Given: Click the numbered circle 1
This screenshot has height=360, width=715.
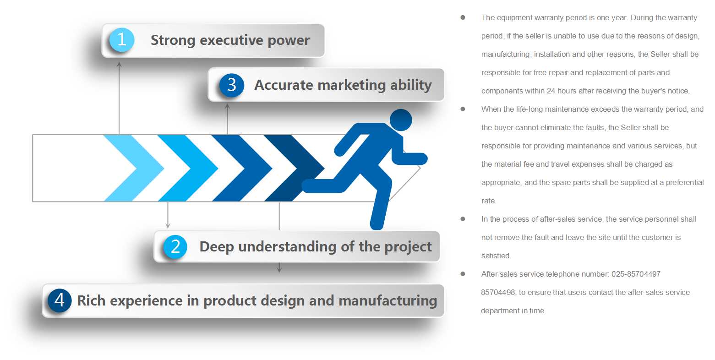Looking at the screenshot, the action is pos(122,40).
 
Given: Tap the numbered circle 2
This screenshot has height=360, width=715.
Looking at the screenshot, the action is pos(175,247).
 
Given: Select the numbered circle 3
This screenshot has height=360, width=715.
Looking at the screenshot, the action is pos(232,85).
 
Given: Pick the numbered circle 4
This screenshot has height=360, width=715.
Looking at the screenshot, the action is pos(60,300).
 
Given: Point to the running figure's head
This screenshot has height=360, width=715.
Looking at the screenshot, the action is pos(401,120).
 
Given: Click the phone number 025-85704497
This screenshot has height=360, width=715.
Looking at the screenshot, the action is pos(636,274).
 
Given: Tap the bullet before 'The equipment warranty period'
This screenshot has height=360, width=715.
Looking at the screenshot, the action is pos(463,17).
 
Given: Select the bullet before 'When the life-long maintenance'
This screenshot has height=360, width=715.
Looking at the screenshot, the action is pos(463,109).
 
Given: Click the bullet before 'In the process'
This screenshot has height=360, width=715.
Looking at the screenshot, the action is pos(463,219).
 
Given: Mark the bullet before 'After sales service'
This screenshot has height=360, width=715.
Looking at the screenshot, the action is pos(463,274).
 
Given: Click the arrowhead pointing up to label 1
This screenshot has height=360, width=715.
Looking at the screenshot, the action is pos(119,65).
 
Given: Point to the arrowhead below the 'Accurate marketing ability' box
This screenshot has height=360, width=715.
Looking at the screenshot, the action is pos(227,106).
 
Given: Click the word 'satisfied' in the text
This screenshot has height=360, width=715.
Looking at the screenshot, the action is pos(496,256).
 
